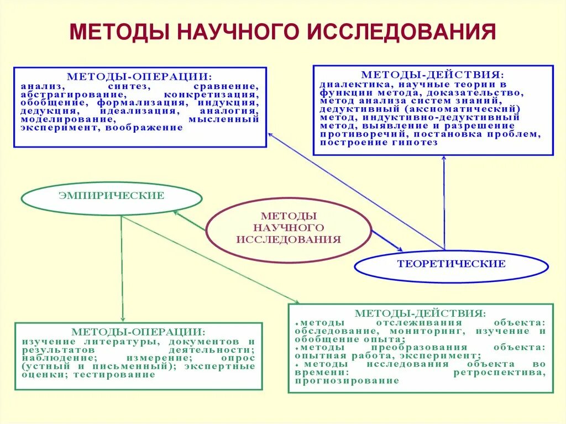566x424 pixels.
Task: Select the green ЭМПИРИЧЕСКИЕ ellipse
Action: click(112, 196)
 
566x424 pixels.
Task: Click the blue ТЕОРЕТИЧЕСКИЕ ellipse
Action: click(451, 264)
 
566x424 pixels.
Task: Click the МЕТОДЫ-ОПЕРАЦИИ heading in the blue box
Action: click(138, 76)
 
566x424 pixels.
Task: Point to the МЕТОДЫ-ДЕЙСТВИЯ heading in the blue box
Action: click(432, 74)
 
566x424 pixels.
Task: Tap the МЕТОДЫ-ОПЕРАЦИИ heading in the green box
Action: click(138, 332)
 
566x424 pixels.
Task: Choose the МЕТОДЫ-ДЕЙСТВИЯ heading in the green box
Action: click(420, 313)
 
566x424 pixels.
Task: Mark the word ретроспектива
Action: click(499, 373)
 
